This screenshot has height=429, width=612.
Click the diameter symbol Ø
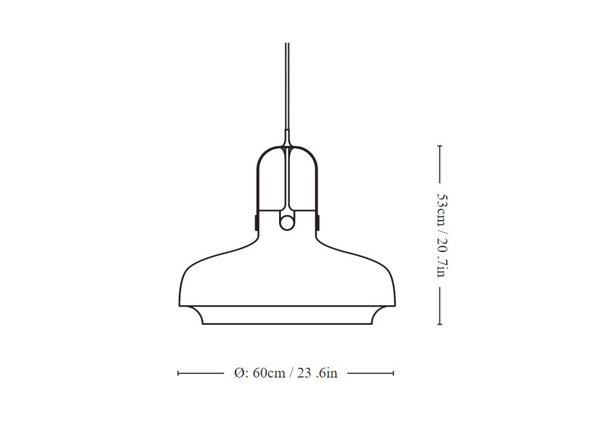pyautogui.click(x=239, y=373)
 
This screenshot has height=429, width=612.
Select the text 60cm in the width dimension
pyautogui.click(x=269, y=373)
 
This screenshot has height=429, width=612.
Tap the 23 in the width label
pyautogui.click(x=304, y=373)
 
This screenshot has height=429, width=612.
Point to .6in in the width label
pyautogui.click(x=327, y=373)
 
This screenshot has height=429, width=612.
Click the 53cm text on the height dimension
pyautogui.click(x=442, y=211)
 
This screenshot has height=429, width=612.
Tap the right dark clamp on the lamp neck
pyautogui.click(x=318, y=221)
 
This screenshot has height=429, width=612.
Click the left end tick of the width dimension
pyautogui.click(x=178, y=373)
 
